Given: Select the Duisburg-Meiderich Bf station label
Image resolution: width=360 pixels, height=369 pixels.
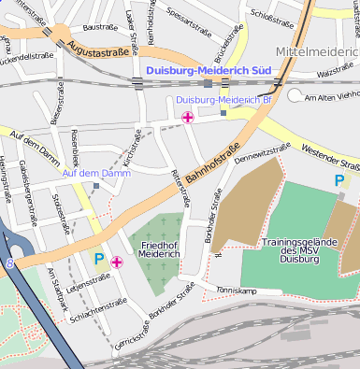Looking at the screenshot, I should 223,99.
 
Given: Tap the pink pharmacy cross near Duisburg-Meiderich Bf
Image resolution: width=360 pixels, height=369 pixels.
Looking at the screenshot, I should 188,118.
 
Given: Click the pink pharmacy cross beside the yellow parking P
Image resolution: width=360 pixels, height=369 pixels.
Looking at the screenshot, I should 116,263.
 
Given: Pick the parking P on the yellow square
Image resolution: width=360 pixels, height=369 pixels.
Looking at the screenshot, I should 99,259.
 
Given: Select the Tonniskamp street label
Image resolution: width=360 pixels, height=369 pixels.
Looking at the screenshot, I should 236,291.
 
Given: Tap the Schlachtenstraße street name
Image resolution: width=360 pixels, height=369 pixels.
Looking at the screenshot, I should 94,303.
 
